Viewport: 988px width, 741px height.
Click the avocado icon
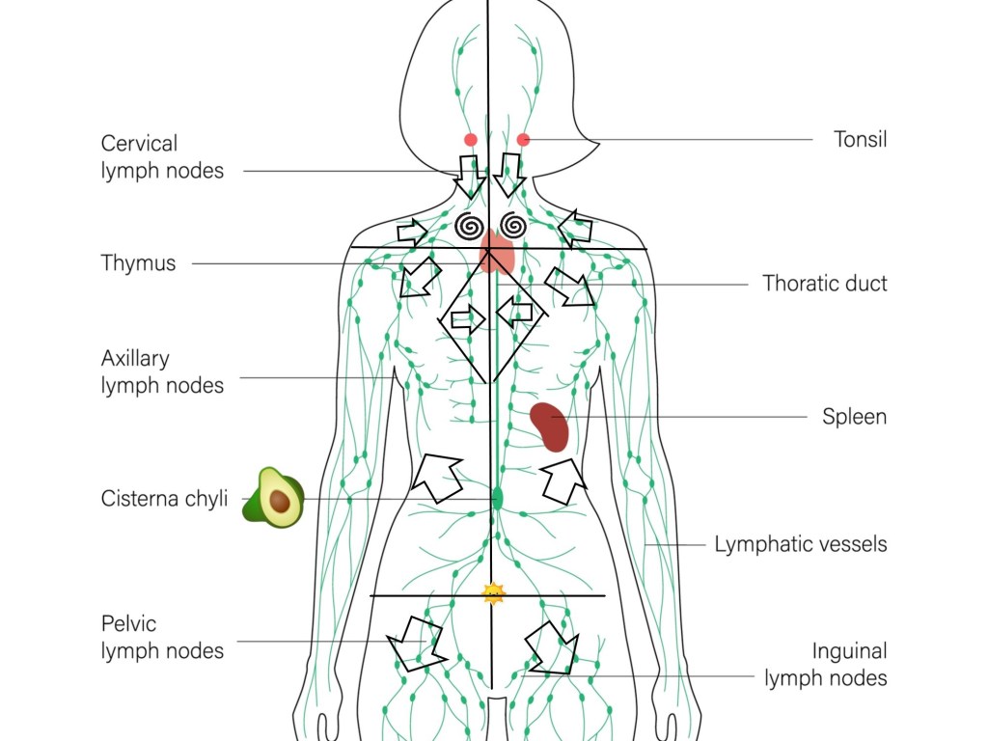click(x=273, y=497)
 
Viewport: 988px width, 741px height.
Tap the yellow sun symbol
click(x=494, y=593)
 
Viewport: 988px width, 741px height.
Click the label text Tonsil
click(x=860, y=139)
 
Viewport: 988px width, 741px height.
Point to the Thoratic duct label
click(x=824, y=284)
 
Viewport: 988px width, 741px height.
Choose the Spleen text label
click(x=854, y=417)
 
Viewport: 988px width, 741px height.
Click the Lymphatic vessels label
click(x=800, y=544)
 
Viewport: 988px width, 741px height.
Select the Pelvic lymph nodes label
click(x=162, y=638)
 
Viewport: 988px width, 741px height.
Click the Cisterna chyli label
click(x=164, y=499)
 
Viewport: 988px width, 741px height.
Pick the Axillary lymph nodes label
click(x=162, y=371)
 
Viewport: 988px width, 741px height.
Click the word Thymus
click(x=138, y=263)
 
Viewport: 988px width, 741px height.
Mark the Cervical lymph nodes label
click(x=162, y=157)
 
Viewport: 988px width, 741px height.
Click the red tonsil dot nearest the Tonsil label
click(x=523, y=140)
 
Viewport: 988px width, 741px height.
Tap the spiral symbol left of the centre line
click(x=470, y=226)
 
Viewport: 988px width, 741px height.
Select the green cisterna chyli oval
click(x=498, y=498)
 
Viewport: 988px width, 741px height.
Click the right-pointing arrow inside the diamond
click(x=467, y=317)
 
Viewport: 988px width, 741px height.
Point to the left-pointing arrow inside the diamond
click(x=515, y=312)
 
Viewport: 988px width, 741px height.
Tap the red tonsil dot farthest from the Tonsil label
click(x=471, y=140)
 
